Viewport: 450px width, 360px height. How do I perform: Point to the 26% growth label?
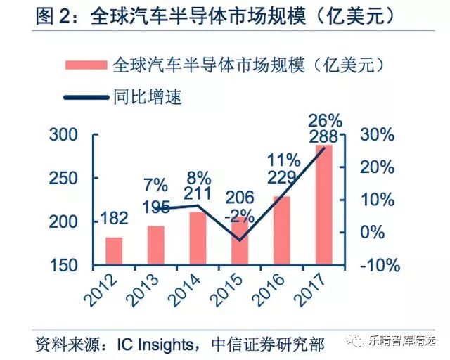324,120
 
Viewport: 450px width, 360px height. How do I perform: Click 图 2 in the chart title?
55,15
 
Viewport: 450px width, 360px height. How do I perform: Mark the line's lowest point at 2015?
239,240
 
